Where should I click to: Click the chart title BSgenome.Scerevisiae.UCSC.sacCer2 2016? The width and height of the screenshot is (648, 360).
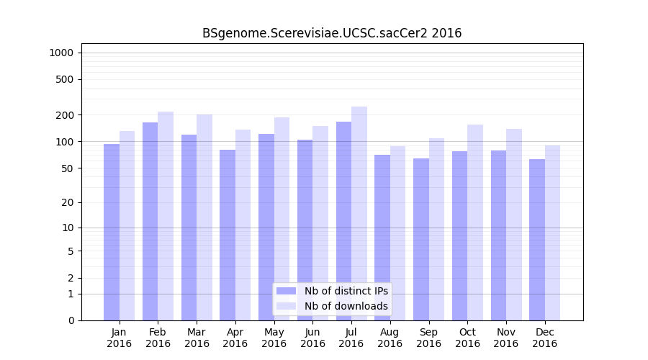pos(332,33)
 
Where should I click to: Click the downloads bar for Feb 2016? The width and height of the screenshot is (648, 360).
pos(166,216)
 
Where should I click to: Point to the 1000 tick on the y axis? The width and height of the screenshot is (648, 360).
pos(61,53)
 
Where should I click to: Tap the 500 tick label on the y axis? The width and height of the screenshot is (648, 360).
pos(65,79)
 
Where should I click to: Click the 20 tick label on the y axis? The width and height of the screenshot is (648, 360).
pos(68,202)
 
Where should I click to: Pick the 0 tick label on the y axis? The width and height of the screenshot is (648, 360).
pos(71,320)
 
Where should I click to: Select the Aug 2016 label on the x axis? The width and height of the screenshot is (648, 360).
pos(390,338)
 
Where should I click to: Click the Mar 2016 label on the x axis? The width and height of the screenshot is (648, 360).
pos(197,338)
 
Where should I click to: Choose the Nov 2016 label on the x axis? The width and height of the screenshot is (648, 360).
pos(505,338)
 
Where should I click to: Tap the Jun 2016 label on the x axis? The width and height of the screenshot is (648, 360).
pos(312,338)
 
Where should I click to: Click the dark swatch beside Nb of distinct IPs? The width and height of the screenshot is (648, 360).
pos(287,291)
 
